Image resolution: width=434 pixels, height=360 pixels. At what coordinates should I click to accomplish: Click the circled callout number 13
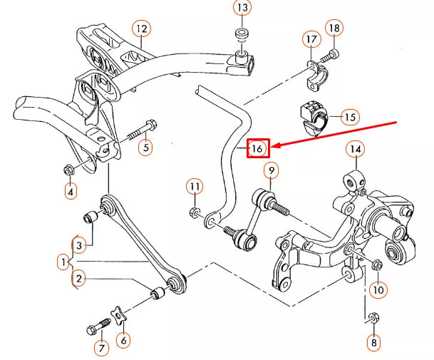[x=242, y=9]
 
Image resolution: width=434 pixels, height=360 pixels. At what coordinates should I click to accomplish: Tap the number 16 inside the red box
[x=257, y=148]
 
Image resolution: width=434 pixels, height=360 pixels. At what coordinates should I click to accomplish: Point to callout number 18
[x=334, y=28]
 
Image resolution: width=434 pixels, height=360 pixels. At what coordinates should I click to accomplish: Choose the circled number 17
[x=311, y=38]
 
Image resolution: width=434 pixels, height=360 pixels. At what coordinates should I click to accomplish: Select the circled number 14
[x=355, y=150]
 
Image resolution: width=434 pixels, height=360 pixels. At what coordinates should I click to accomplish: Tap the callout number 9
[x=271, y=170]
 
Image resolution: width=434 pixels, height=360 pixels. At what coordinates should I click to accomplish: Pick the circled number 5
[x=145, y=148]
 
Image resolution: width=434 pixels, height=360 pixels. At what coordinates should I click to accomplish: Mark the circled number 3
[x=81, y=245]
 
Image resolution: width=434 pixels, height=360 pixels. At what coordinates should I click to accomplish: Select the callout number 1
[x=64, y=262]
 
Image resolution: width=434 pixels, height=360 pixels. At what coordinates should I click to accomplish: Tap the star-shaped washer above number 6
[x=117, y=314]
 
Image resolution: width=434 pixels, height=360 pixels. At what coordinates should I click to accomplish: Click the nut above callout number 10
[x=377, y=265]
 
